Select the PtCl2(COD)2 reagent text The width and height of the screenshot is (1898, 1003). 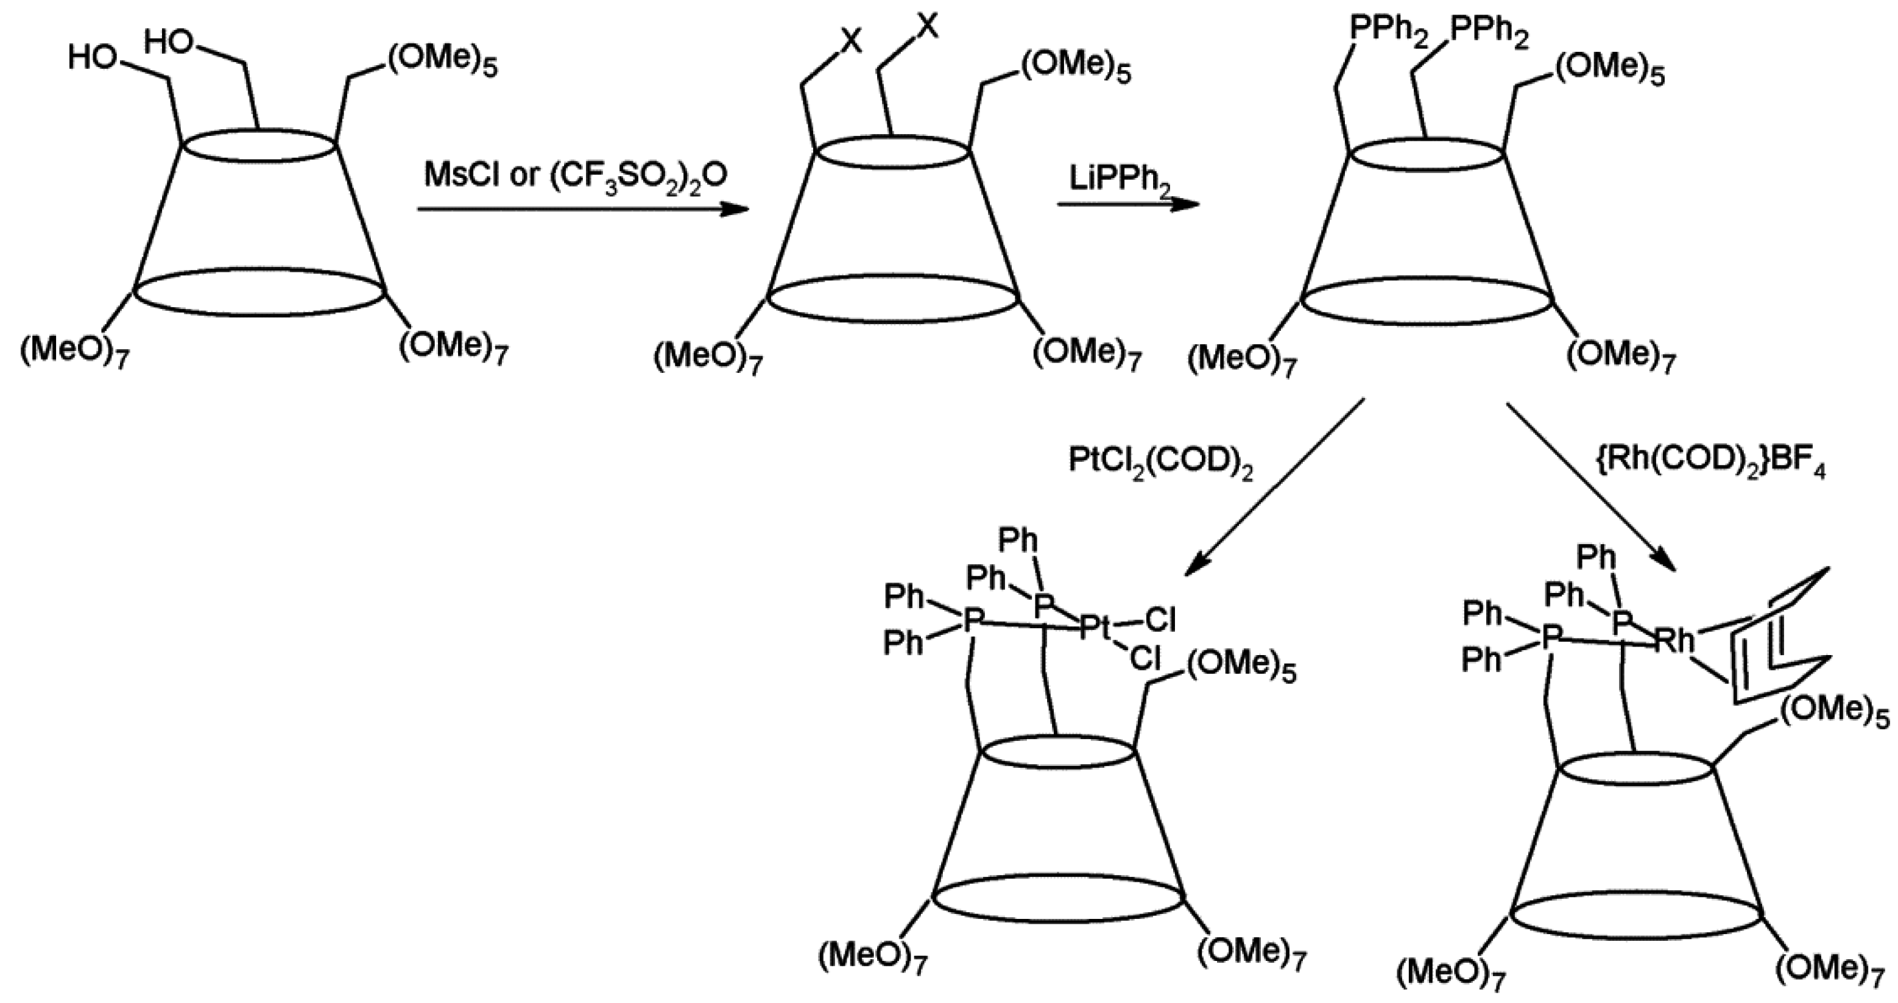[x=1160, y=463]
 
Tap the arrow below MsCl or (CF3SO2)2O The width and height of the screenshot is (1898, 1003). [x=582, y=209]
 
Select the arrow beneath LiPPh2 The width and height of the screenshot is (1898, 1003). [x=1127, y=204]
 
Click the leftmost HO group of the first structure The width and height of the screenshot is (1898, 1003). [x=91, y=57]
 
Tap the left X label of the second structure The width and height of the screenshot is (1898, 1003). [x=851, y=42]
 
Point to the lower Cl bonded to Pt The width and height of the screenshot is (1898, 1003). [x=1145, y=658]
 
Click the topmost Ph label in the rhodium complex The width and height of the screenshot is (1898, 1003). [x=1596, y=558]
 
